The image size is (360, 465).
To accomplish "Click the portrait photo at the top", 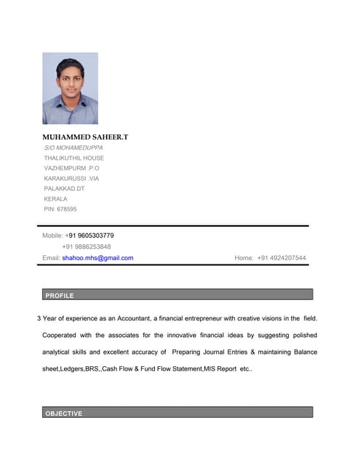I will click(70, 88).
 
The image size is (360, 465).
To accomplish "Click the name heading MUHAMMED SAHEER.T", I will click(85, 137).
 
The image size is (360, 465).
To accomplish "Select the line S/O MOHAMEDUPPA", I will click(73, 147).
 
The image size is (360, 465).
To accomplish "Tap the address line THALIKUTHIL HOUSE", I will click(73, 158).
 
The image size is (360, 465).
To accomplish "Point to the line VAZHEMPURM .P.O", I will click(71, 168).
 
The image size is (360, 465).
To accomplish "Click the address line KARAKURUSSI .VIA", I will click(71, 178).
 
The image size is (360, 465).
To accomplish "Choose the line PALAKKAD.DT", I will click(64, 188).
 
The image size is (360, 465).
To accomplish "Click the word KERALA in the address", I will click(55, 198).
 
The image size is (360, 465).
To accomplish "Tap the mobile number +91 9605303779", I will click(89, 235).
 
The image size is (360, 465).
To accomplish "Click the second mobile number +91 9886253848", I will click(87, 246).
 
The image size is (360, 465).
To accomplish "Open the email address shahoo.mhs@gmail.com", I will click(97, 258).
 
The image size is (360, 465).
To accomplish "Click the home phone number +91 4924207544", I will click(281, 258).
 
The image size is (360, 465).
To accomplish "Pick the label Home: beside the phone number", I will click(244, 258).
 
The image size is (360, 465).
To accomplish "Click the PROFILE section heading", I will click(60, 296).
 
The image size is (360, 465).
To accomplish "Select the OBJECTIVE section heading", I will click(64, 413).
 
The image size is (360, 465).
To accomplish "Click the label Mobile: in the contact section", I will click(52, 235).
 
